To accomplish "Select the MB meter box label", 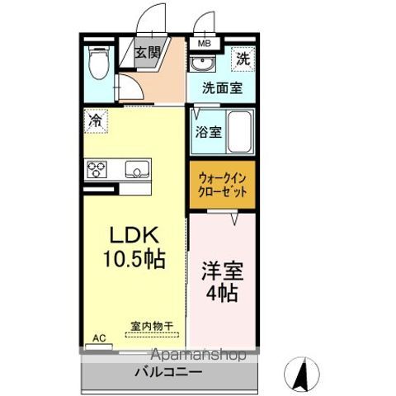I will pos(203,45).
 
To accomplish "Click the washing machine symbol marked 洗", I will pos(243,58).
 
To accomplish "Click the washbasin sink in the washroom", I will pos(200,64).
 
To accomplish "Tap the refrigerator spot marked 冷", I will pos(97,120).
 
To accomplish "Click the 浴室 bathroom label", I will pos(207,131).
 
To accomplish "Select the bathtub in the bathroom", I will pos(239,132).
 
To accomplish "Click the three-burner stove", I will pos(97,170).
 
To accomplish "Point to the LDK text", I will pos(129,232).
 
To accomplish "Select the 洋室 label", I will pos(220,269).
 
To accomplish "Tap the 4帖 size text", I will pos(220,294).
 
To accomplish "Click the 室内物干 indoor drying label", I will pos(150,326).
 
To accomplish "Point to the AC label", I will pos(98,337).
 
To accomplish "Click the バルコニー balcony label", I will pos(169,373).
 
